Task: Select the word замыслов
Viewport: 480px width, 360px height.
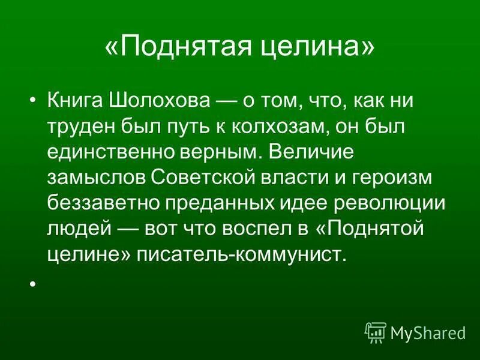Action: click(95, 178)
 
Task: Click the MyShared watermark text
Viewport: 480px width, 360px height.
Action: click(428, 331)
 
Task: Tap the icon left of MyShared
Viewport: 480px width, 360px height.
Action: click(375, 331)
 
